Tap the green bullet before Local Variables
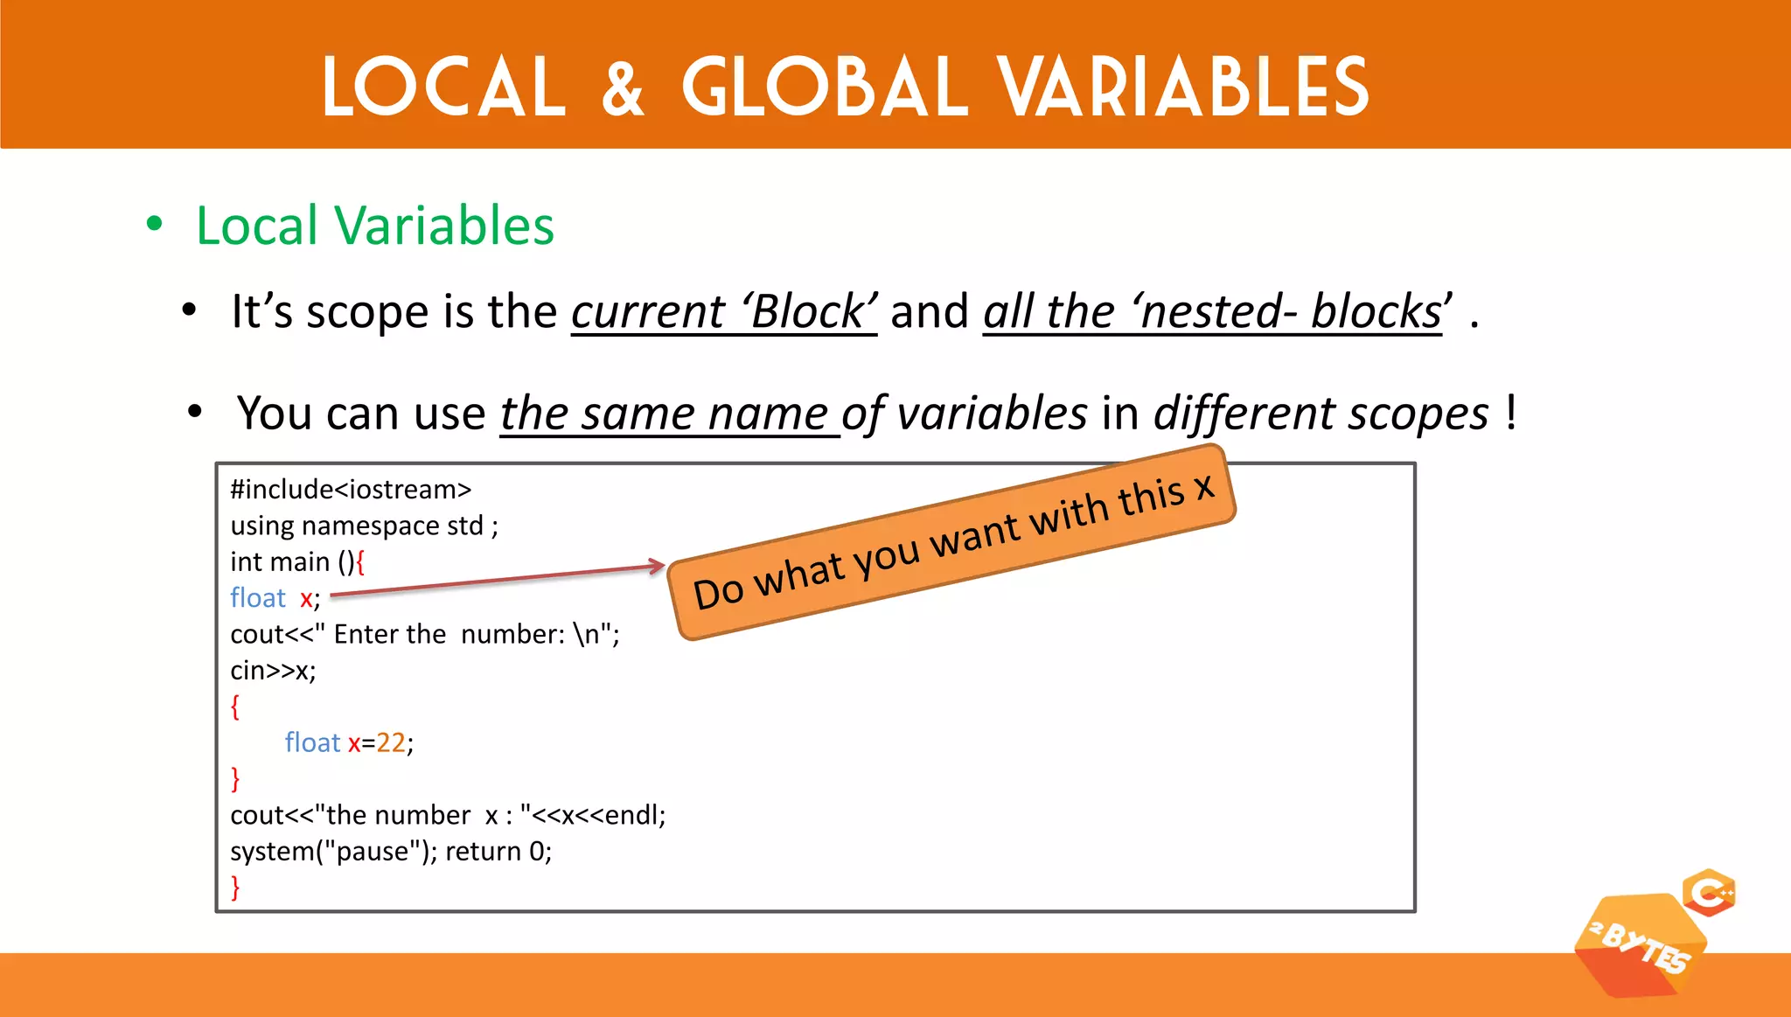(x=155, y=224)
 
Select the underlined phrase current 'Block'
(x=723, y=312)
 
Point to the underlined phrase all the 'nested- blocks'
(x=1213, y=312)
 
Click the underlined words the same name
(x=669, y=414)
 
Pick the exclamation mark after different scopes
(x=1511, y=412)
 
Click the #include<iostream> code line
(x=351, y=490)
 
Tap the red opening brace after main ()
(x=360, y=561)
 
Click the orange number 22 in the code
(x=391, y=742)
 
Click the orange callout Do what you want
(x=951, y=542)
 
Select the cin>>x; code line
(x=273, y=671)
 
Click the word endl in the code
(x=631, y=815)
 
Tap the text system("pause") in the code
(x=333, y=852)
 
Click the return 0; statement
(x=498, y=852)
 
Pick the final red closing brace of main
(x=235, y=888)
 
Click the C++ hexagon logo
(x=1709, y=893)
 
